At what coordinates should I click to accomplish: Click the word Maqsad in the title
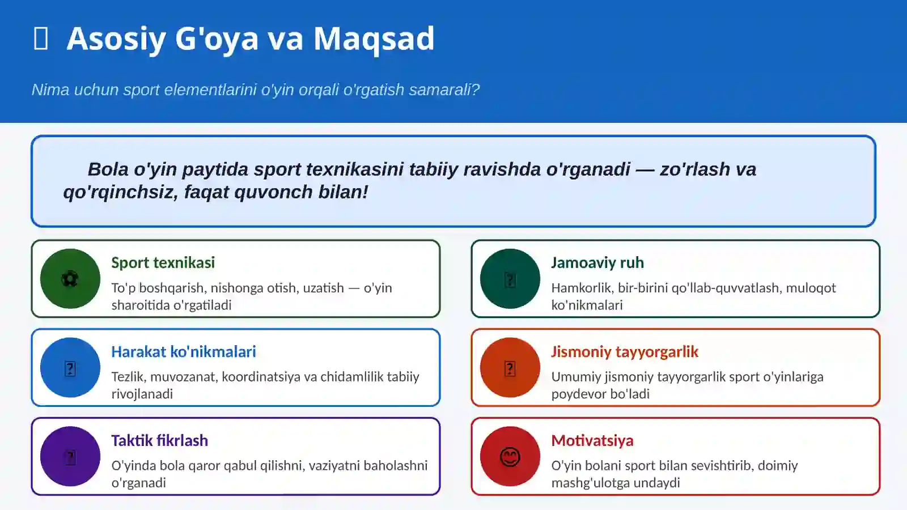[x=374, y=39]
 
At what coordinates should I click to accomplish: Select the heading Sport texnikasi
[x=163, y=262]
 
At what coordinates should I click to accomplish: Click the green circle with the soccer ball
[x=70, y=279]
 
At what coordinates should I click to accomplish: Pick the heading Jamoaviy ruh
[x=597, y=262]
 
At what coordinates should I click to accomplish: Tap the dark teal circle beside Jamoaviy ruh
[x=510, y=279]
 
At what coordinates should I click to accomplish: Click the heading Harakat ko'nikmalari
[x=183, y=351]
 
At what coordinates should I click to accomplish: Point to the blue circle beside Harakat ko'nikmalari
[x=70, y=368]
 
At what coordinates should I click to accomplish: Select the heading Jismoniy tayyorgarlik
[x=624, y=351]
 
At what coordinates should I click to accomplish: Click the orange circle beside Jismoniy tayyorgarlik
[x=510, y=368]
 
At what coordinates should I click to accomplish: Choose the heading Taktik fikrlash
[x=159, y=440]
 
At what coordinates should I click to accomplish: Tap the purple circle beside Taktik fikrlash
[x=70, y=457]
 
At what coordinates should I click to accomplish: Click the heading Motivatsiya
[x=592, y=440]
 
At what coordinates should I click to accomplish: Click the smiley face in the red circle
[x=510, y=457]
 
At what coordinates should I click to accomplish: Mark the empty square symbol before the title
[x=41, y=39]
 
